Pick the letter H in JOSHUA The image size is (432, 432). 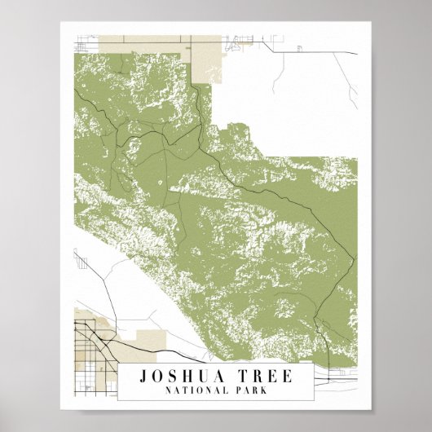[184, 377]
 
